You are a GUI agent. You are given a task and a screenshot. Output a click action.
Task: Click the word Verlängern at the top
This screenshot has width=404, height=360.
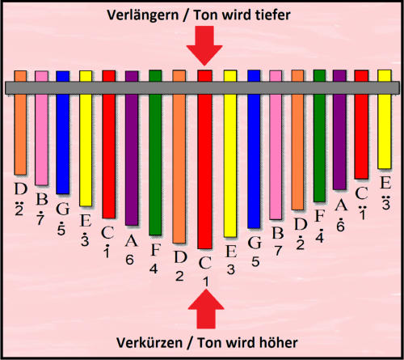pyautogui.click(x=143, y=15)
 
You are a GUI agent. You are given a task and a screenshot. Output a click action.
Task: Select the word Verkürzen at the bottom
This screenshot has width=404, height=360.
pyautogui.click(x=149, y=343)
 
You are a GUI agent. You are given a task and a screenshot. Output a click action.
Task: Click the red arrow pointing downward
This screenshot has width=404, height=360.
pyautogui.click(x=204, y=44)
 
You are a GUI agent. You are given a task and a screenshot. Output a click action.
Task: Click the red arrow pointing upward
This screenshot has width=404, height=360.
pyautogui.click(x=206, y=310)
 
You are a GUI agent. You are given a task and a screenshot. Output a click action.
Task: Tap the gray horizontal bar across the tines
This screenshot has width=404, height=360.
pyautogui.click(x=202, y=87)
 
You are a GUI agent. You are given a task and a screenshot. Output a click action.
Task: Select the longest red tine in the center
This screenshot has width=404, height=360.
pyautogui.click(x=205, y=159)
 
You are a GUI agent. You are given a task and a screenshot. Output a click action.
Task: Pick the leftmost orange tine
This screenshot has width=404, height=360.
pyautogui.click(x=20, y=123)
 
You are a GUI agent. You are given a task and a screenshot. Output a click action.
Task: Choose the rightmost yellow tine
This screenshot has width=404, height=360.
pyautogui.click(x=385, y=119)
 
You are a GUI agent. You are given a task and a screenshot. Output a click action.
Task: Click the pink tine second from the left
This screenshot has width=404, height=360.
pyautogui.click(x=42, y=128)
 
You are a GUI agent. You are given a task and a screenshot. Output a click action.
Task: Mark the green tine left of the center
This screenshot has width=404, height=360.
pyautogui.click(x=155, y=153)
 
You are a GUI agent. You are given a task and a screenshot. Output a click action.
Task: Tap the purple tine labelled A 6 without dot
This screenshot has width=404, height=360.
pyautogui.click(x=132, y=148)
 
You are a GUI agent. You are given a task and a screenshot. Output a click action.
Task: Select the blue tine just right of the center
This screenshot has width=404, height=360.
pyautogui.click(x=254, y=150)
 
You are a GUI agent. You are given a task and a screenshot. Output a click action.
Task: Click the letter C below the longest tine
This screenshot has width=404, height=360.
pyautogui.click(x=205, y=263)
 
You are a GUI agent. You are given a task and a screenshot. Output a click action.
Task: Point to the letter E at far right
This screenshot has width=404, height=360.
pyautogui.click(x=385, y=183)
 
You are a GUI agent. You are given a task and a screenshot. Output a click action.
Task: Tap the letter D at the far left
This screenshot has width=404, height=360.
pyautogui.click(x=21, y=188)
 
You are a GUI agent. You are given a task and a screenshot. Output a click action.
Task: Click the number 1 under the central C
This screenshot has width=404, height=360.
pyautogui.click(x=206, y=282)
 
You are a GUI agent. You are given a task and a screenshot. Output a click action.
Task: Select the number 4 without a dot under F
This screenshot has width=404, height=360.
pyautogui.click(x=154, y=269)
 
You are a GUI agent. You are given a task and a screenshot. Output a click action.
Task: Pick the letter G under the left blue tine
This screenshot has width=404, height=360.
pyautogui.click(x=63, y=209)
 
